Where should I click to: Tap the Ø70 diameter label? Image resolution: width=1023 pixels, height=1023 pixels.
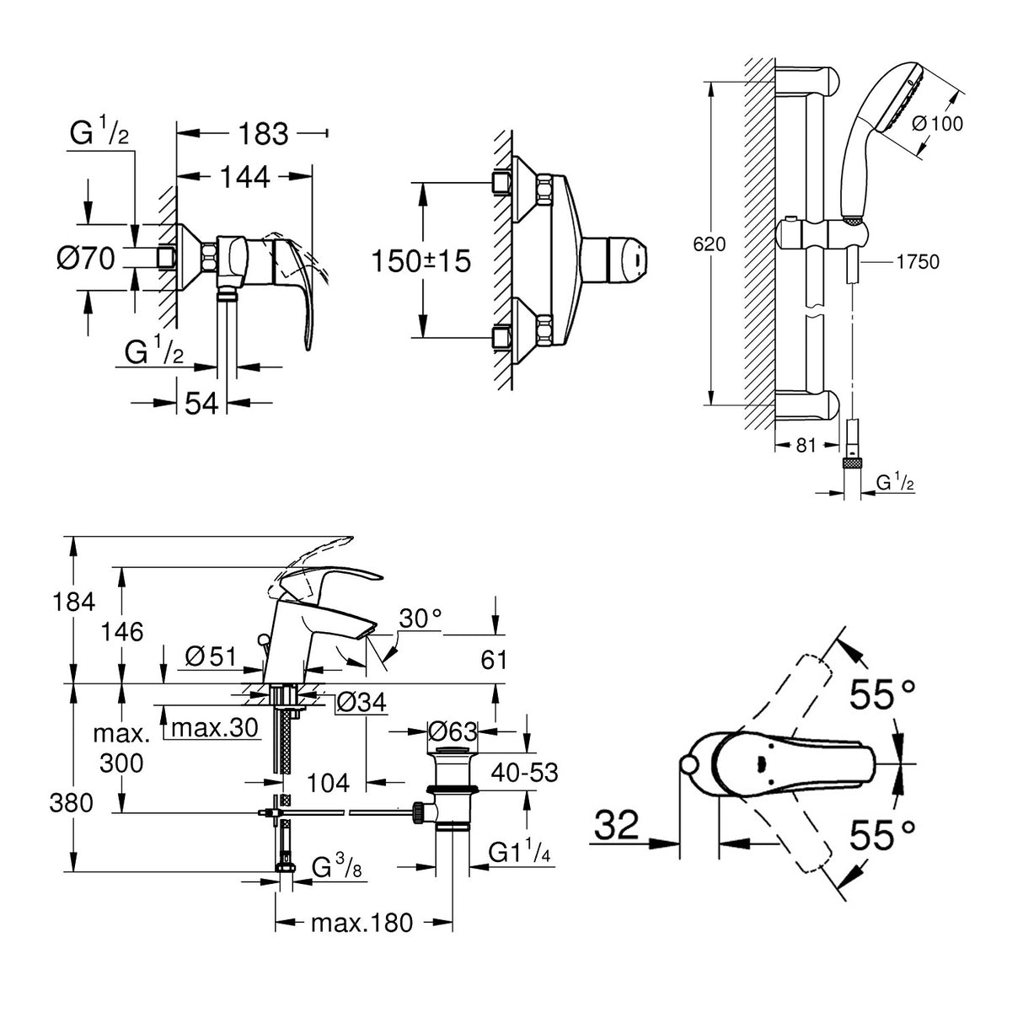click(x=85, y=259)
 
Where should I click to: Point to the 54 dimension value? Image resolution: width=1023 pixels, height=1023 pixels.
click(x=201, y=404)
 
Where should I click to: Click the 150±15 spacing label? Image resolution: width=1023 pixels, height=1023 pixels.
click(x=421, y=260)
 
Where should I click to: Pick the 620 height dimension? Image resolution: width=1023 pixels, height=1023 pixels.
click(x=708, y=245)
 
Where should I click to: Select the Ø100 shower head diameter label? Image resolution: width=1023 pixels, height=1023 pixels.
click(x=937, y=123)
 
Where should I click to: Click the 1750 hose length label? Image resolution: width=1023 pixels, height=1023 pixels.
click(x=917, y=262)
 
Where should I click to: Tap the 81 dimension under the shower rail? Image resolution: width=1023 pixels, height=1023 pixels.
click(x=806, y=445)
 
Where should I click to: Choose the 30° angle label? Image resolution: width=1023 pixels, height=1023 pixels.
click(x=420, y=619)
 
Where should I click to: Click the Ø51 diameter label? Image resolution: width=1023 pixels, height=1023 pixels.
click(x=206, y=654)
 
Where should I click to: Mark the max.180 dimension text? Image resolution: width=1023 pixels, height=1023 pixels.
click(x=362, y=923)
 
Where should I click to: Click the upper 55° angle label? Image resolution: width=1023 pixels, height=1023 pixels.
click(x=881, y=696)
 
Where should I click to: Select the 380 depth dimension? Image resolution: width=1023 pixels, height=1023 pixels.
click(x=72, y=803)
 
